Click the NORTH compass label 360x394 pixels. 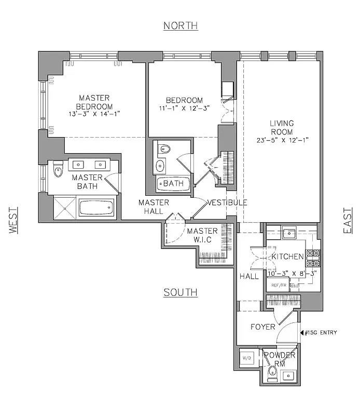[x=181, y=25]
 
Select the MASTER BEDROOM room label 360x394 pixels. [x=94, y=102]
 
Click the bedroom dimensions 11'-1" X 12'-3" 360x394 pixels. [x=184, y=109]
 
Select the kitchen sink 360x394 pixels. [x=289, y=232]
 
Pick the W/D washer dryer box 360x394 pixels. [x=247, y=359]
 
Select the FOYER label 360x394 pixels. [x=263, y=327]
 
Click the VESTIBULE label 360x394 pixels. [x=227, y=202]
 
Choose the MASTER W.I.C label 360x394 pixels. [x=203, y=235]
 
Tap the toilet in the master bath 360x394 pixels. [x=58, y=169]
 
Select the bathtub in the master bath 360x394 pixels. [x=96, y=208]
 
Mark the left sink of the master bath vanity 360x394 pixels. [x=79, y=165]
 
